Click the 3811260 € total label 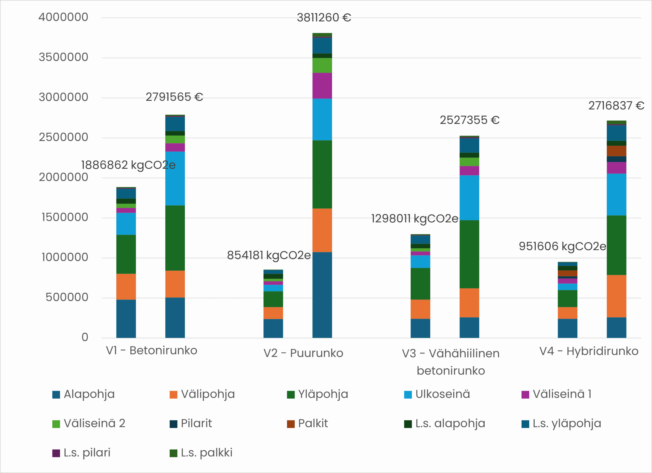(x=324, y=18)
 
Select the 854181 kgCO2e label (x=269, y=255)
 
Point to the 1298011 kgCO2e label (x=415, y=219)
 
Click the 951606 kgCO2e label (x=562, y=246)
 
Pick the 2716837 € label (x=616, y=106)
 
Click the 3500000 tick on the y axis (x=63, y=57)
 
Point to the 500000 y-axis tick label (x=67, y=297)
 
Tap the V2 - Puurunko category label (x=303, y=353)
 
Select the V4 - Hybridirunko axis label (x=589, y=351)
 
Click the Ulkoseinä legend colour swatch (x=408, y=395)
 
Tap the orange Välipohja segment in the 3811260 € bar (x=322, y=230)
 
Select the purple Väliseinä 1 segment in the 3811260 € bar (x=322, y=86)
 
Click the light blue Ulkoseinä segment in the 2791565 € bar (x=175, y=179)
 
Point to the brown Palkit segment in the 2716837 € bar (x=616, y=151)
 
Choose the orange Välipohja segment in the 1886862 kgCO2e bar (x=126, y=287)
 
